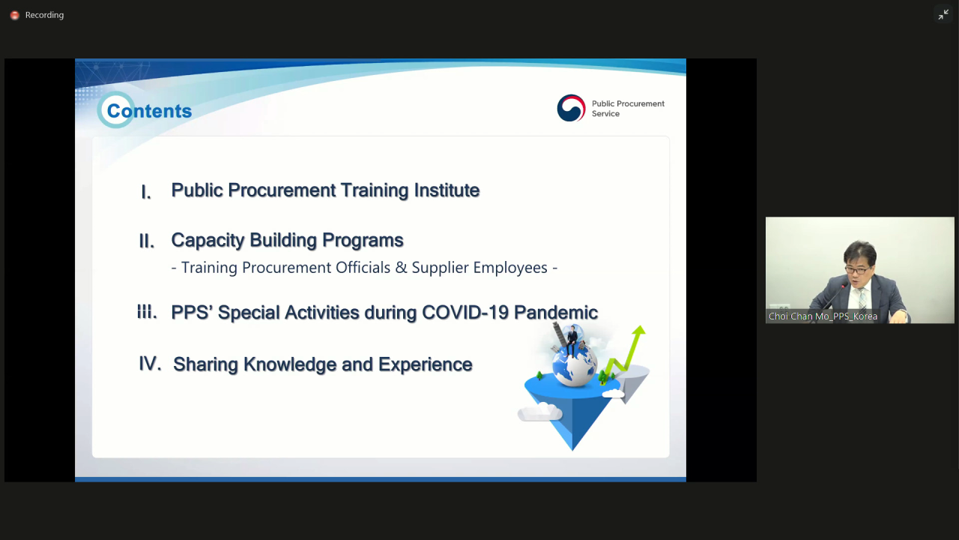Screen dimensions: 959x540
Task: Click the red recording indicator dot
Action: point(14,16)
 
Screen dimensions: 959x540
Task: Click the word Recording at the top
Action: point(44,15)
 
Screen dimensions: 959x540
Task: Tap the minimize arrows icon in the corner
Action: point(943,14)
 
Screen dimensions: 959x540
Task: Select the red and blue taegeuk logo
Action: point(571,108)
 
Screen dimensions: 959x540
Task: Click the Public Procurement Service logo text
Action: point(628,109)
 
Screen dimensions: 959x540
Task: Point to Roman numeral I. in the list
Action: point(146,192)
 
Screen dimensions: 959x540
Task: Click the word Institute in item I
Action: point(447,190)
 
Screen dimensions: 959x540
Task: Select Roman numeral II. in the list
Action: point(146,241)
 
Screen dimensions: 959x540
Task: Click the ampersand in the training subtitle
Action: point(401,268)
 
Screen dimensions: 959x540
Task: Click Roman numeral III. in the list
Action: point(148,312)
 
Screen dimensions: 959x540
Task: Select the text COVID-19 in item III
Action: point(465,313)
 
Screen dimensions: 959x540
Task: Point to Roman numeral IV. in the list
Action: point(151,364)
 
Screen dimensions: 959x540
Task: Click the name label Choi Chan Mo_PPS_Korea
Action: point(823,316)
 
